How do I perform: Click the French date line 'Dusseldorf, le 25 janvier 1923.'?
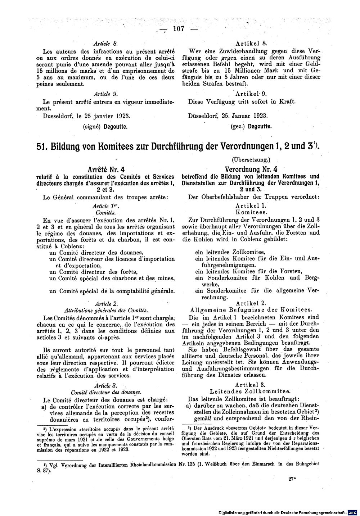pos(86,116)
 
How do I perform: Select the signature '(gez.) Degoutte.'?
pos(251,126)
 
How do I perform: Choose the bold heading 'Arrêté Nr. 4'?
pos(106,169)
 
